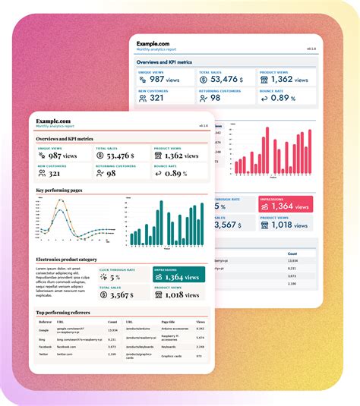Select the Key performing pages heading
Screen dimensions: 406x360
tap(61, 190)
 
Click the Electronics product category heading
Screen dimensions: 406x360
tap(67, 260)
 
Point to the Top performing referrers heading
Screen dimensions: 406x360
tap(65, 312)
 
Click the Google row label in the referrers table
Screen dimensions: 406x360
tap(44, 330)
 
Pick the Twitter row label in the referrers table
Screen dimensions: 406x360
tap(44, 354)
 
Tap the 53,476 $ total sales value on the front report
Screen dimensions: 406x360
tap(115, 156)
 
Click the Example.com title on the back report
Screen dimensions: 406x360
tap(153, 44)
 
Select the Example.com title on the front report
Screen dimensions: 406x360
tap(53, 121)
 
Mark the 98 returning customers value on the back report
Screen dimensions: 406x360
tap(215, 97)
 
